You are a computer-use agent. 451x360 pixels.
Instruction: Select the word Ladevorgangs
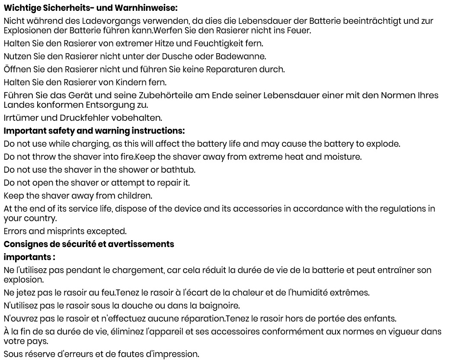point(93,21)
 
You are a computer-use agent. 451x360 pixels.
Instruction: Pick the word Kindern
point(131,82)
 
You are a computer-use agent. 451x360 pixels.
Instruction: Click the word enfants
point(381,318)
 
